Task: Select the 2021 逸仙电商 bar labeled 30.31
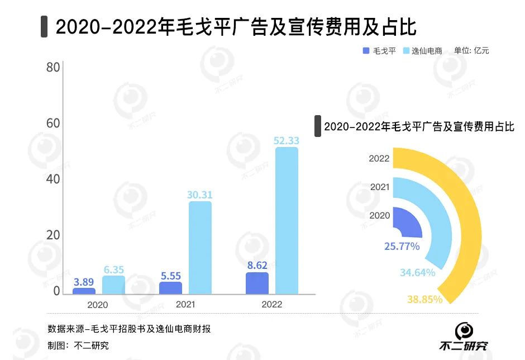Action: [200, 247]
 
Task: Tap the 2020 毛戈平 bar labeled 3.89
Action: [84, 291]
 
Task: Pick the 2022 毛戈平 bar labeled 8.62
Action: [257, 283]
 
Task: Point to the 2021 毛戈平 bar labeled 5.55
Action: [170, 287]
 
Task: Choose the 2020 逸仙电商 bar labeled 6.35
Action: [114, 285]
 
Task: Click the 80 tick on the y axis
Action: [52, 68]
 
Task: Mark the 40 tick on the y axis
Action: [52, 179]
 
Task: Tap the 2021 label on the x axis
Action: [185, 305]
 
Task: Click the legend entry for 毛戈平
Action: [379, 51]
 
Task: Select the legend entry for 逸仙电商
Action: [422, 51]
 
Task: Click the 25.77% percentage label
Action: [402, 245]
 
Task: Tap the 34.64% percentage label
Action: [417, 273]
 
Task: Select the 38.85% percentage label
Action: [424, 300]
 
